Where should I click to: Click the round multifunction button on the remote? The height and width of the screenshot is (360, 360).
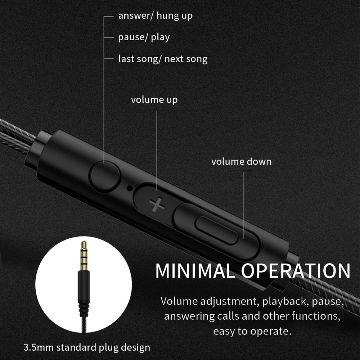click(x=105, y=176)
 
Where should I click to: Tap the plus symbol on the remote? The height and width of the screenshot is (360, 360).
click(x=157, y=204)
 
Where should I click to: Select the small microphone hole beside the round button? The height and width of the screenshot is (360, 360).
click(x=130, y=188)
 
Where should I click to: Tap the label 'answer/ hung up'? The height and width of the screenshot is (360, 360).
click(x=155, y=16)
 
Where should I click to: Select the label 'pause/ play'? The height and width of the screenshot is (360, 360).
click(x=144, y=37)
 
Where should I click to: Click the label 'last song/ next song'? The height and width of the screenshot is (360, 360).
click(x=163, y=59)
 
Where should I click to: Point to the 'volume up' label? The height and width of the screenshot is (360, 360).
click(x=154, y=100)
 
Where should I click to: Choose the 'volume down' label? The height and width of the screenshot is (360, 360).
click(x=241, y=162)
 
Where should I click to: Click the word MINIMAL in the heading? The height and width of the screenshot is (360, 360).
click(x=195, y=271)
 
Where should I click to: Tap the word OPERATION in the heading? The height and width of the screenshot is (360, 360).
click(x=296, y=271)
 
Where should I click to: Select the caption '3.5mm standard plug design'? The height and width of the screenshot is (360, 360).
click(x=87, y=347)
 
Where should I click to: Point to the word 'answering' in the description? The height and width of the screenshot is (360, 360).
click(x=189, y=316)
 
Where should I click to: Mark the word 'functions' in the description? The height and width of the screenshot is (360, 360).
click(x=316, y=316)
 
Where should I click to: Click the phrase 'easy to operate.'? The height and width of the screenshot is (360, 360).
click(x=252, y=331)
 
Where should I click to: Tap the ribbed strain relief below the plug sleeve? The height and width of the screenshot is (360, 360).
click(x=84, y=309)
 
